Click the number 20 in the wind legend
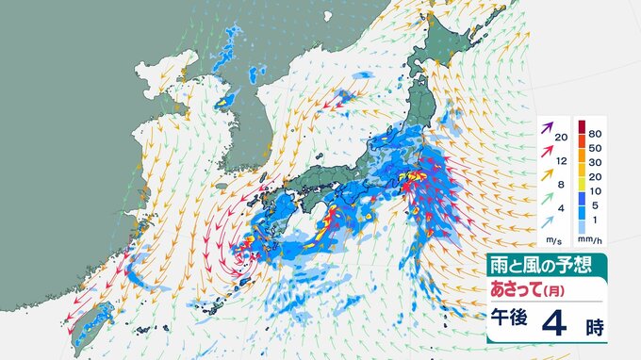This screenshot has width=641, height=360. coord(561,139)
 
